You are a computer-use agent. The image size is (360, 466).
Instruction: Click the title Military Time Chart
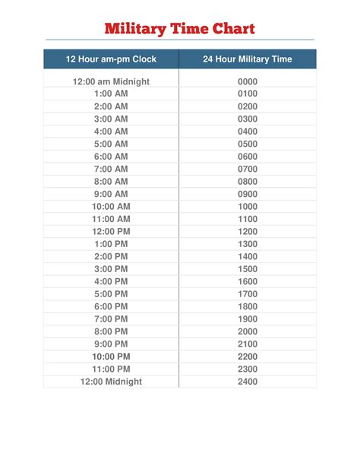coord(179,30)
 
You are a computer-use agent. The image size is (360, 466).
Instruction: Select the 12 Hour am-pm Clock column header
coord(111,59)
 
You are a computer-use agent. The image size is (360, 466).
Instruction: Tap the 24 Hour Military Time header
coord(247,59)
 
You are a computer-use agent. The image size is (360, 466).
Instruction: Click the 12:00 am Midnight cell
coord(111,81)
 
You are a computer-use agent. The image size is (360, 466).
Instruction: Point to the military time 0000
coord(248,81)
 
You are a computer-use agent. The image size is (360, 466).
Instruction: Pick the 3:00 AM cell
coord(111,119)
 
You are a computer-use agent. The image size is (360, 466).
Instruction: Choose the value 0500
coord(248,144)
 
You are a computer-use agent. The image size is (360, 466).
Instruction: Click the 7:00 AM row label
coord(111,169)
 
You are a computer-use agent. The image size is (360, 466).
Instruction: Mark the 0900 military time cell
coord(248,194)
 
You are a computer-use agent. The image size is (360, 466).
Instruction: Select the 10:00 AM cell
coord(111,206)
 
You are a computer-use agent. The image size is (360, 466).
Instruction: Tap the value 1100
coord(248,219)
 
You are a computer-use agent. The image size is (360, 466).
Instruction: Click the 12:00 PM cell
coord(111,231)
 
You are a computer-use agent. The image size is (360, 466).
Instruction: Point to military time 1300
coord(248,244)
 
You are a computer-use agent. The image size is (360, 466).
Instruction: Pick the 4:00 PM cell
coord(111,281)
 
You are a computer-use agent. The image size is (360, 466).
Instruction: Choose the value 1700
coord(248,293)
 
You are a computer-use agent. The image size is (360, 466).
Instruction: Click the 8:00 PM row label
coord(111,331)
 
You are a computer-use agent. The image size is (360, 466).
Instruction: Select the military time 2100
coord(248,344)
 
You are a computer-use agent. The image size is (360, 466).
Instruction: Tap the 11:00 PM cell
coord(111,369)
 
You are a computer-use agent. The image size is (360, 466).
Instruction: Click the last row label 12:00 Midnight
coord(111,382)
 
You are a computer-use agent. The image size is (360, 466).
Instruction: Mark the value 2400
coord(248,382)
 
